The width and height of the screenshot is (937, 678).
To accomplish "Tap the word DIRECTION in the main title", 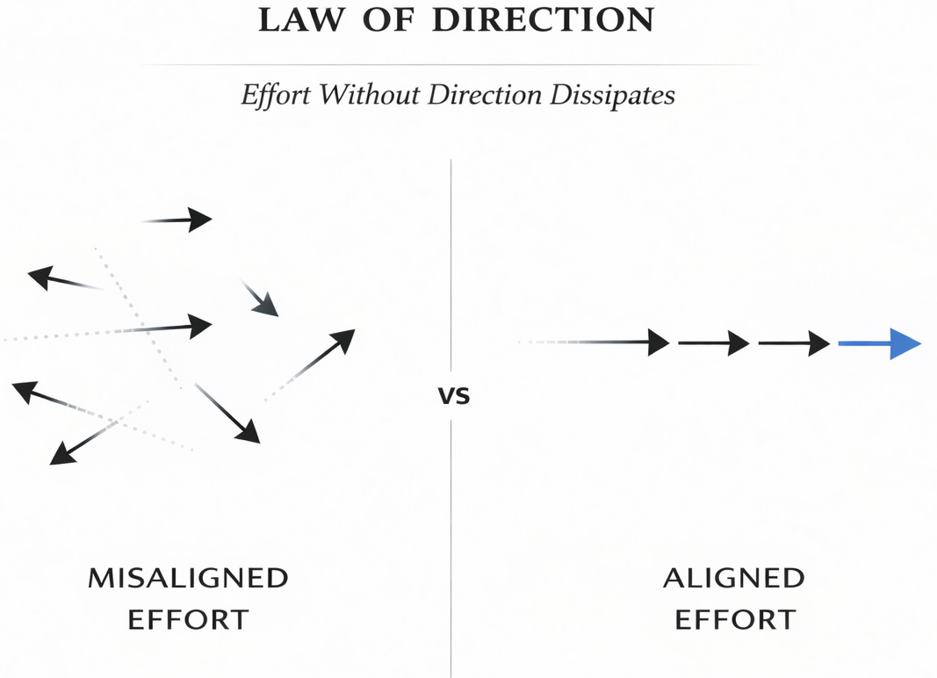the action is click(x=544, y=19).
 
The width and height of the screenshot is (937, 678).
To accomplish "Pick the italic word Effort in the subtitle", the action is click(x=277, y=95).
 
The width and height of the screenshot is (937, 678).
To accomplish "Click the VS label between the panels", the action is click(x=454, y=397).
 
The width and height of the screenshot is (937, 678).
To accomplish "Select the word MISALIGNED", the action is click(x=188, y=578).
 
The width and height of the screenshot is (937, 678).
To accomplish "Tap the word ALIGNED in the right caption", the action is click(x=733, y=578).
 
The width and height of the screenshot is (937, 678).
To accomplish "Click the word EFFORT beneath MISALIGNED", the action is click(x=188, y=619).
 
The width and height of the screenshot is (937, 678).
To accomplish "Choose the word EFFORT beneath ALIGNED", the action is click(x=733, y=619).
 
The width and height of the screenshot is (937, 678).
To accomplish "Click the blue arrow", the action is click(x=878, y=343).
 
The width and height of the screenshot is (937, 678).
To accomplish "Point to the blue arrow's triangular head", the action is click(x=905, y=343).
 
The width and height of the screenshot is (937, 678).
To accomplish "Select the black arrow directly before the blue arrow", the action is click(x=794, y=343).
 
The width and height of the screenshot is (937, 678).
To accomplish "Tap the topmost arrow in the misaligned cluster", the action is click(x=180, y=220).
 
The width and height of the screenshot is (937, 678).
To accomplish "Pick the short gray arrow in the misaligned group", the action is click(x=260, y=299).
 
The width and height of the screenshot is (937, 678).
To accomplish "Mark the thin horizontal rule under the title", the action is click(x=450, y=65).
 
